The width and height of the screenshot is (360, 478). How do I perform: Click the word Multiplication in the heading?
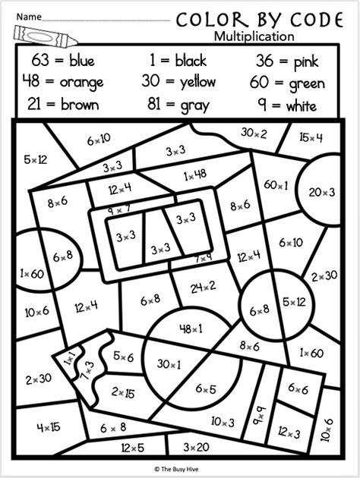point(253,35)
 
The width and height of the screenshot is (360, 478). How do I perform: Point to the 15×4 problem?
point(311,137)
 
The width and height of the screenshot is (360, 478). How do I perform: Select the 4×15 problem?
point(49,426)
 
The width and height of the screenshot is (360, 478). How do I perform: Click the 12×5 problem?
point(131,448)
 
